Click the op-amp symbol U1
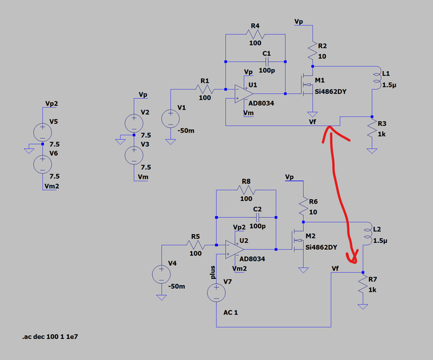coord(244,94)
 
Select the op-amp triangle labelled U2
coord(235,250)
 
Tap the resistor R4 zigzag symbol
coord(255,35)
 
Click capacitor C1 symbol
coord(267,62)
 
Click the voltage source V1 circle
coord(170,119)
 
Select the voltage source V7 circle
coord(216,293)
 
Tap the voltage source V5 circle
coord(43,133)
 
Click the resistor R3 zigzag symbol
coord(372,128)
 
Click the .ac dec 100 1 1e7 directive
coord(50,337)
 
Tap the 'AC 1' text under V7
coord(231,313)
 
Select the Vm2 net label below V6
coord(52,186)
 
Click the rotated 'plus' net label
coord(212,272)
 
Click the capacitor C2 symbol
coord(258,217)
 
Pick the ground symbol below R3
coord(372,151)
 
